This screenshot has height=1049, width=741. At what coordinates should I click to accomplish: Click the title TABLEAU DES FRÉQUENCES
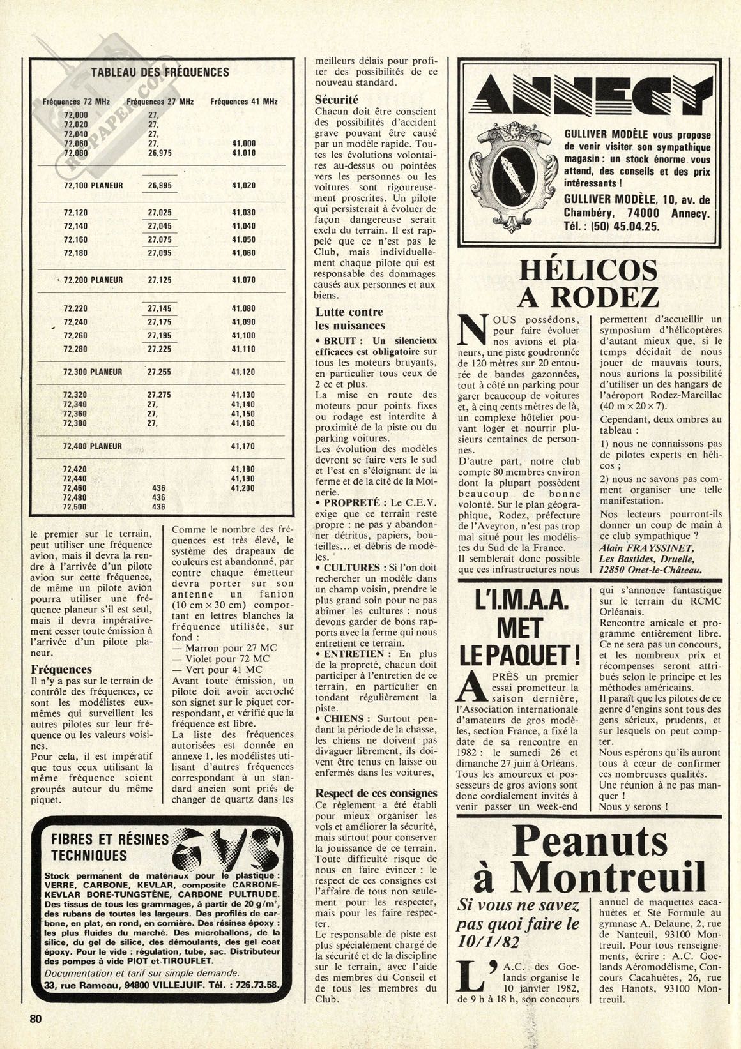[x=160, y=72]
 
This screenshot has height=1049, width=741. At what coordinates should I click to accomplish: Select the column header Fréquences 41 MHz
[x=243, y=102]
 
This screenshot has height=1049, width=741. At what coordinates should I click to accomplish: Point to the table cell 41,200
[x=243, y=488]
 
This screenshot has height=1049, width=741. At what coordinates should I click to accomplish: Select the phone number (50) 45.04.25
[x=622, y=226]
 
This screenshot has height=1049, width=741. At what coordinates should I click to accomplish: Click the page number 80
[x=36, y=1018]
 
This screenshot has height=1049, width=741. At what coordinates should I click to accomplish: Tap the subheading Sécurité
[x=337, y=100]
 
